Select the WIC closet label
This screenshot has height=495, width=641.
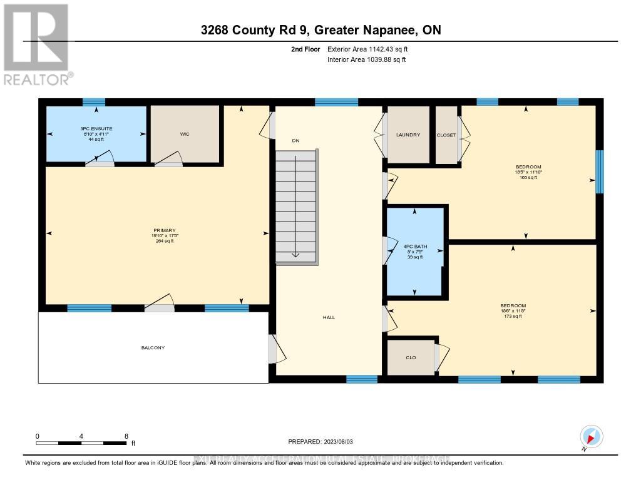(x=185, y=133)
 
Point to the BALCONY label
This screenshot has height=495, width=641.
(x=153, y=347)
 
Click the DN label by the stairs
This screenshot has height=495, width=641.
(x=296, y=141)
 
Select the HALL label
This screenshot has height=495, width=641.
(x=329, y=317)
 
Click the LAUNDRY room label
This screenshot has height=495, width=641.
(x=408, y=135)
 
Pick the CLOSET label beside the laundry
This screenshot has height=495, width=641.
(x=446, y=135)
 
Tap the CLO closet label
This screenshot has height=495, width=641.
(x=411, y=357)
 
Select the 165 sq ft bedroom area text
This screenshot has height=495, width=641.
(x=526, y=178)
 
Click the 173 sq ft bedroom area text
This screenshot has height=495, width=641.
(x=513, y=317)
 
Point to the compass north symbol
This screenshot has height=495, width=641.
(x=591, y=436)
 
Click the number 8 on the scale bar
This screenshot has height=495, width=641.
(x=126, y=436)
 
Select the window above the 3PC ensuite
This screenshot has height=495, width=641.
(x=94, y=102)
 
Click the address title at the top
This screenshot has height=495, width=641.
(x=320, y=30)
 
